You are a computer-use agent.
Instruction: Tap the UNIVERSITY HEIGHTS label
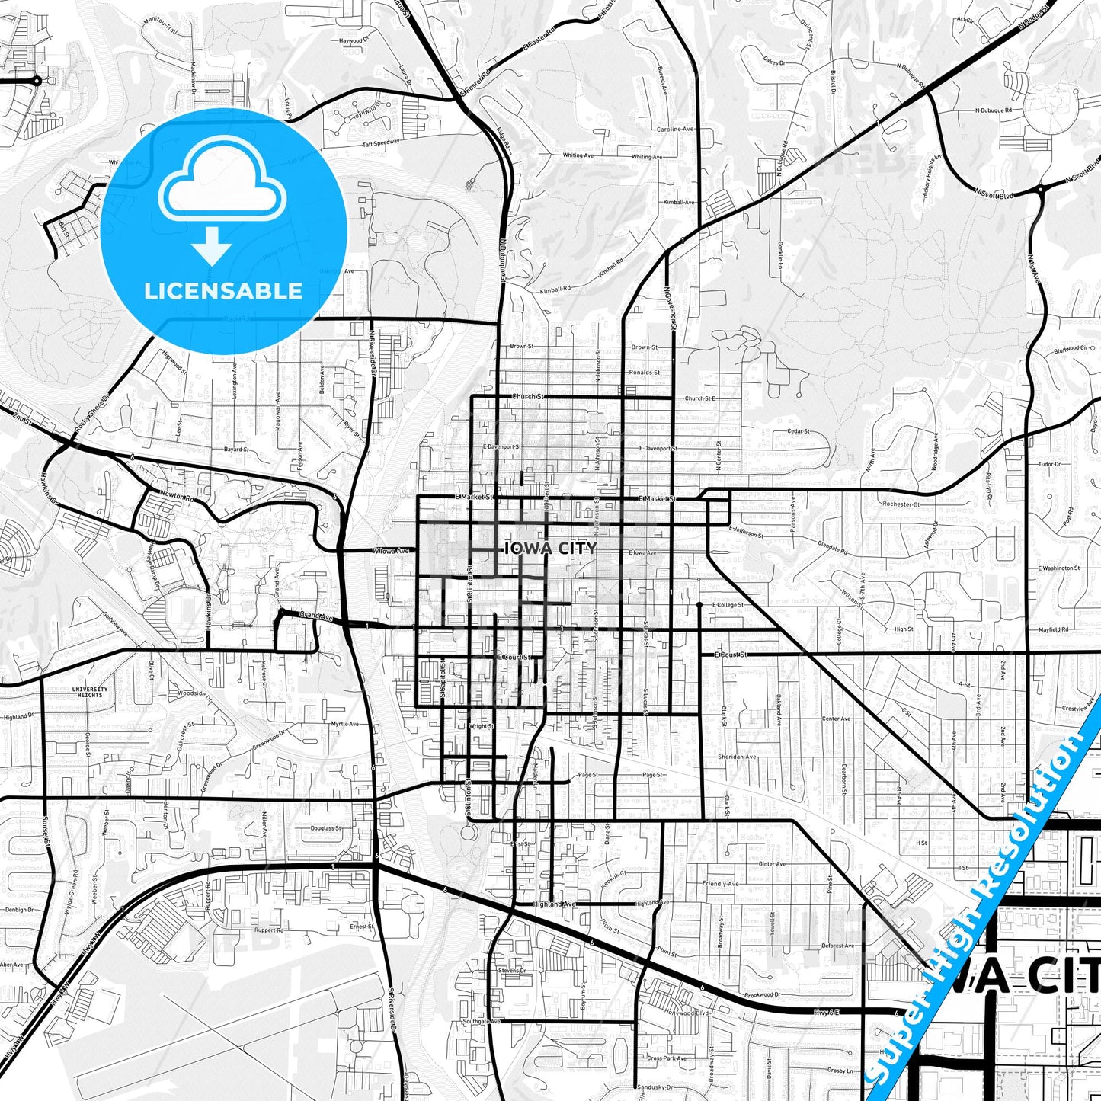tap(90, 692)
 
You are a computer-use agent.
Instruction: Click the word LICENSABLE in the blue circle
tap(223, 290)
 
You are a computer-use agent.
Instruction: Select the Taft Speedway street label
tap(380, 142)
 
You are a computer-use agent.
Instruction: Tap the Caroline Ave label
tap(675, 130)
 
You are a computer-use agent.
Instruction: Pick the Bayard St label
tap(235, 450)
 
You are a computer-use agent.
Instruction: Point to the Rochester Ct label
tap(901, 504)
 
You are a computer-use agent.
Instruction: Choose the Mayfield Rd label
tap(1053, 630)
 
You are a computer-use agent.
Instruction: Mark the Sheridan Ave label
tap(737, 757)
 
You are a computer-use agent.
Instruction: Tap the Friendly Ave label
tap(721, 884)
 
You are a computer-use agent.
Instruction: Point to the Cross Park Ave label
tap(667, 1058)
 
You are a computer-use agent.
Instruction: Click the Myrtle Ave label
tap(344, 724)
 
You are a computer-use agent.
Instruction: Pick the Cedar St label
tap(798, 431)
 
